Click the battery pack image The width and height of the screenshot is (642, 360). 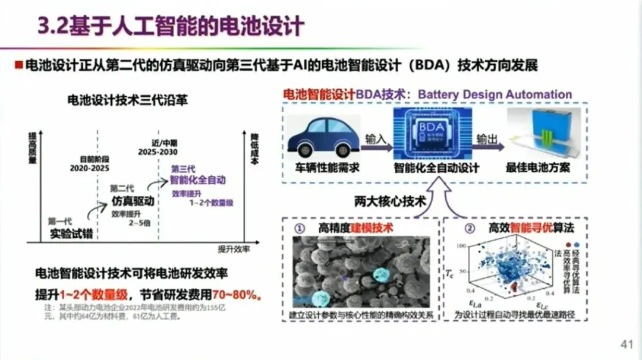[537, 137]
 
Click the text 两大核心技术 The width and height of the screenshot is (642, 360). [390, 201]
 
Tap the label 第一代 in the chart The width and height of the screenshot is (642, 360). [61, 221]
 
